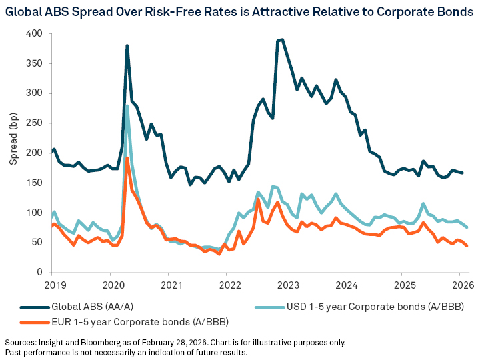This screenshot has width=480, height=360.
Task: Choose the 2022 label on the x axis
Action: click(226, 285)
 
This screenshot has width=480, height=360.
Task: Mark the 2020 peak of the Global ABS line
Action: click(127, 45)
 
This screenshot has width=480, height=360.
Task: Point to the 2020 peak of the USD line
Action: click(127, 105)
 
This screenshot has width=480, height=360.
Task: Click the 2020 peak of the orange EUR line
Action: click(127, 158)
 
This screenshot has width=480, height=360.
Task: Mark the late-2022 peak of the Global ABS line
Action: click(283, 39)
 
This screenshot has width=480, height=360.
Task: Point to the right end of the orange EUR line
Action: click(467, 246)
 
